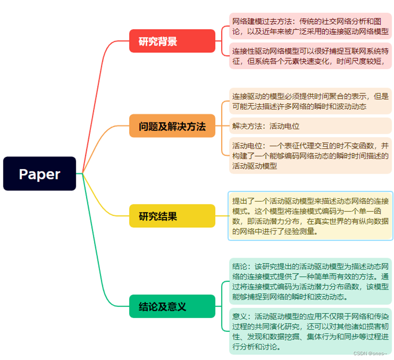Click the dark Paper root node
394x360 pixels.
point(40,174)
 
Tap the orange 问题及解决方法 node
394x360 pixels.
point(172,126)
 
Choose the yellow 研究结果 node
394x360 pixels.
point(172,216)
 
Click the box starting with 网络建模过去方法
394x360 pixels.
point(310,27)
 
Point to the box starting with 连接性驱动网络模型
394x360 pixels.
point(310,56)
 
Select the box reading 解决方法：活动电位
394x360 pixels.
point(310,126)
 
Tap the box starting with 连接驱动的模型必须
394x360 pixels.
point(310,101)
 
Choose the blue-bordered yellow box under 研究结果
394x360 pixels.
point(310,216)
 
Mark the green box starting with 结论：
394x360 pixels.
point(310,281)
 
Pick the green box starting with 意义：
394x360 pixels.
point(310,331)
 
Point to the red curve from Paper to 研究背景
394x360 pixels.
point(98,86)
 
